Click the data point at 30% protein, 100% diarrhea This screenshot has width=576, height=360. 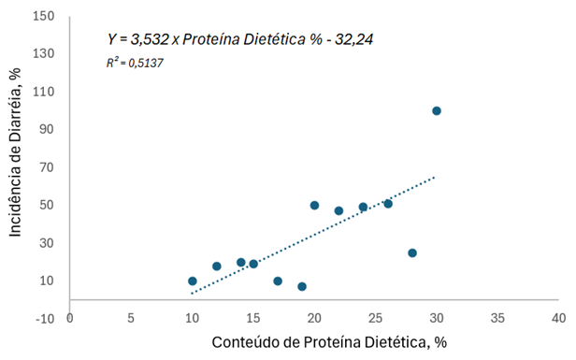pyautogui.click(x=436, y=110)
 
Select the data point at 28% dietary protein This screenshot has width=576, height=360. pyautogui.click(x=411, y=252)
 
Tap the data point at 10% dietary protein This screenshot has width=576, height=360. pyautogui.click(x=192, y=281)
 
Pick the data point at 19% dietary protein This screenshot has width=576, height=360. pyautogui.click(x=302, y=286)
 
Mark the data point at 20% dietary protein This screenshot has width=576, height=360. pyautogui.click(x=314, y=205)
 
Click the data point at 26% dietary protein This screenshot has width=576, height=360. pyautogui.click(x=387, y=203)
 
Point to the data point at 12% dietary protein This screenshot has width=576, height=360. pyautogui.click(x=216, y=266)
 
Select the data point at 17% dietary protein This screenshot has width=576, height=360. pyautogui.click(x=278, y=281)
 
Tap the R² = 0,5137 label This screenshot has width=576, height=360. pyautogui.click(x=137, y=64)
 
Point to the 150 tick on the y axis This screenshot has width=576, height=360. pyautogui.click(x=43, y=16)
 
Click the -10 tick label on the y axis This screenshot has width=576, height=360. pyautogui.click(x=43, y=319)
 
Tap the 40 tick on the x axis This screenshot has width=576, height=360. pyautogui.click(x=558, y=318)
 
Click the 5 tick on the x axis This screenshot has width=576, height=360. pyautogui.click(x=131, y=318)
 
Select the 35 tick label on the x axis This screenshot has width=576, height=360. pyautogui.click(x=497, y=318)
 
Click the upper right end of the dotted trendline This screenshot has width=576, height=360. pyautogui.click(x=435, y=176)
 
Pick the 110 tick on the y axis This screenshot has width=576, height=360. pyautogui.click(x=43, y=92)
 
